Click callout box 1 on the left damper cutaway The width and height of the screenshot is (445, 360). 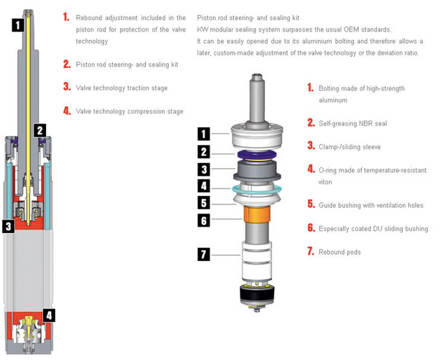18,25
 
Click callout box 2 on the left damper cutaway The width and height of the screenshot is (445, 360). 40,131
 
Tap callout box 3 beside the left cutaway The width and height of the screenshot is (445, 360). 9,226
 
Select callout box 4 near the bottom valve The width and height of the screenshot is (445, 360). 49,316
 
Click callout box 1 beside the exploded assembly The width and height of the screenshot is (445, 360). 204,134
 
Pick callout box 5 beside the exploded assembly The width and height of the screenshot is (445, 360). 204,203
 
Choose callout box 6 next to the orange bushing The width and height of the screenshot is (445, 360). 204,220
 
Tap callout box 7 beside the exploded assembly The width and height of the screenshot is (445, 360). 204,255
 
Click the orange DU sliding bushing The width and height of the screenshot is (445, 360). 257,214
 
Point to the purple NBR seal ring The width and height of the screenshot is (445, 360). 257,155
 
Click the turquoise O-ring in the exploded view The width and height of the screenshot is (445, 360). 257,190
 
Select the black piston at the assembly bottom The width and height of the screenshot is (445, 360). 258,295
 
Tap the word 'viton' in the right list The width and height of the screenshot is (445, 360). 325,182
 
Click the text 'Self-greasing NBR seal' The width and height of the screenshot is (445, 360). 352,123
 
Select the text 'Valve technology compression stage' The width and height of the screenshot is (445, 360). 129,111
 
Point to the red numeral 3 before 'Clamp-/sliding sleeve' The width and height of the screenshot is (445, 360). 311,146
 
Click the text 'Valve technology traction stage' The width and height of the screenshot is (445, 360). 121,88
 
